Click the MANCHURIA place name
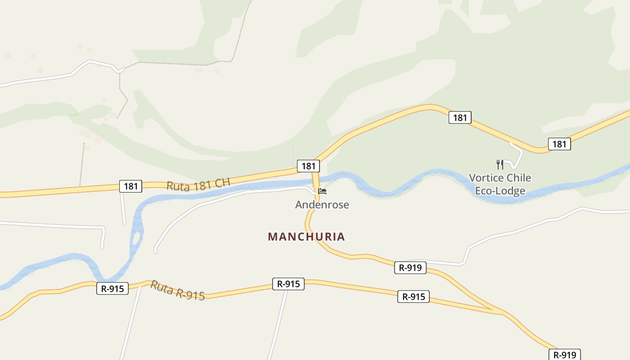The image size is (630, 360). [306, 237]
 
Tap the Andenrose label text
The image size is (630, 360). [322, 205]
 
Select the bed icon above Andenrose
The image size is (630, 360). [322, 191]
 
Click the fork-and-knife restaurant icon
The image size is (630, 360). [499, 164]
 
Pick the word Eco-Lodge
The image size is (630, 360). [500, 191]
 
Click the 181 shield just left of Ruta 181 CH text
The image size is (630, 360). [130, 186]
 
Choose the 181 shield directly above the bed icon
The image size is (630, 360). [308, 166]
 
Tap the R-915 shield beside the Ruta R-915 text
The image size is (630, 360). [112, 288]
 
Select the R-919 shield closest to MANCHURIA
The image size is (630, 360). [410, 268]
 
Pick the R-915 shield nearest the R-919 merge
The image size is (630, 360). [413, 297]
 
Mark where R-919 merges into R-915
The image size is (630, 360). [502, 312]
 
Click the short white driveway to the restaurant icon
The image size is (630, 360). [517, 155]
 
